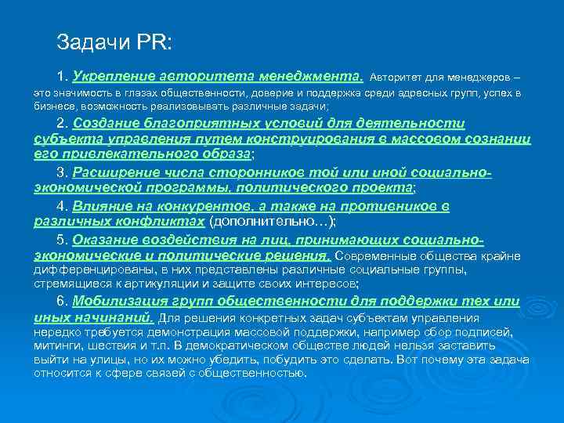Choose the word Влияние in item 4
[102, 207]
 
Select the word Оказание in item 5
[106, 240]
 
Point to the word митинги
[56, 345]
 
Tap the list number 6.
[62, 302]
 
